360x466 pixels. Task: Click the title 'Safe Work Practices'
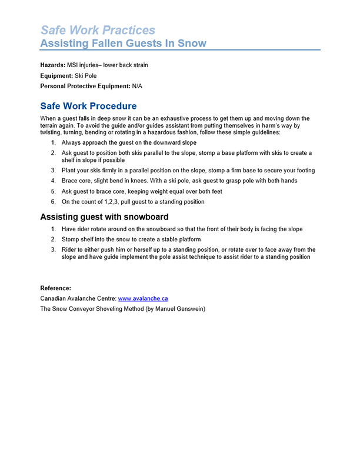[98, 30]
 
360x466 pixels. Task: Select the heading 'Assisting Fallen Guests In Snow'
[123, 43]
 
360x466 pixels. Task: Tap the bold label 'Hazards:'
[53, 65]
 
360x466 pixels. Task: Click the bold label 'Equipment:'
[56, 75]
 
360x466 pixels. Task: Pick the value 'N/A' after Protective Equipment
[137, 86]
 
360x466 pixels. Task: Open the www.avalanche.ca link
[143, 298]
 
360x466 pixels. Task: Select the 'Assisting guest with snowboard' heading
[104, 217]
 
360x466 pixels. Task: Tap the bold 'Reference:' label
[55, 288]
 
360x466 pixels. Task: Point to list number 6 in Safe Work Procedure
[53, 202]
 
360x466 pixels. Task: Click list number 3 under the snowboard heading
[53, 249]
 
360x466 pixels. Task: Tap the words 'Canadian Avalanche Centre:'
[78, 298]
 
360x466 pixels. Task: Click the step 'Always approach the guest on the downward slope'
[129, 142]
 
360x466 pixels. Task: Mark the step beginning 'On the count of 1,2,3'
[133, 202]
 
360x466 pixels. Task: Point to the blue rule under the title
[180, 50]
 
